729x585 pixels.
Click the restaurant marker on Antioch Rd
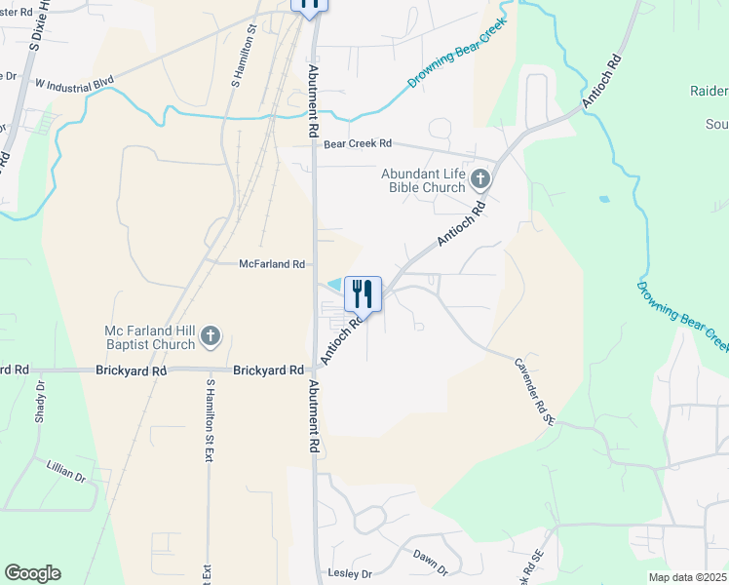point(363,292)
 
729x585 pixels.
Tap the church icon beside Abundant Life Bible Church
point(480,178)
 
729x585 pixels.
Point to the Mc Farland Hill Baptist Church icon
point(210,337)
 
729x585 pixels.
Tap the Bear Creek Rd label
point(357,143)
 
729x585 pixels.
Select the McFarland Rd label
point(273,264)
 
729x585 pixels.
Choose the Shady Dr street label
point(41,401)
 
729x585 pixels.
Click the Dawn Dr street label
point(429,561)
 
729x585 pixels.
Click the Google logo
point(32,573)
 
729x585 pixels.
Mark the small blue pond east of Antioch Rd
point(605,199)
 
